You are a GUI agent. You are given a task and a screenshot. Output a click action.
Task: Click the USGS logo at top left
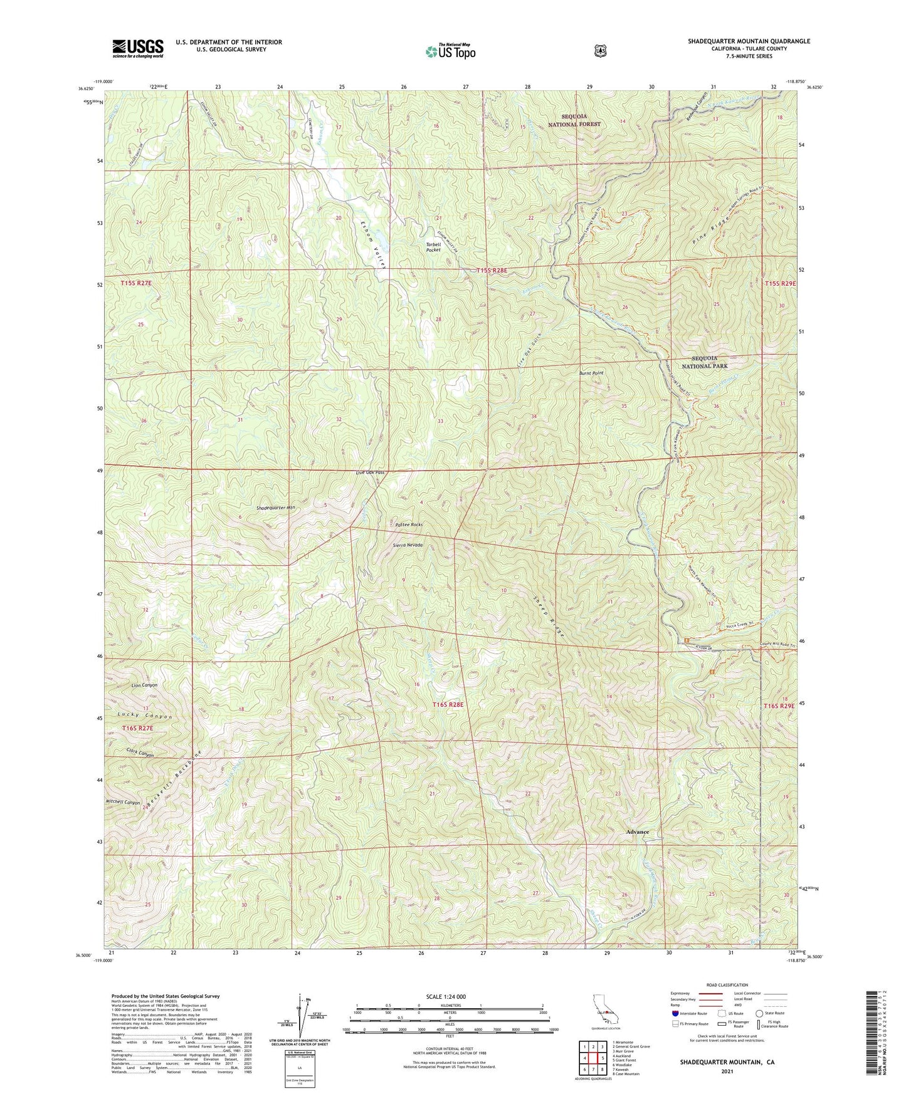[x=138, y=48]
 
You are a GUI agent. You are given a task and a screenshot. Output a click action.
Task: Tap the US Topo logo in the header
[x=450, y=51]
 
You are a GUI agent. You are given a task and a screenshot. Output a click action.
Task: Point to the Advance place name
[x=638, y=831]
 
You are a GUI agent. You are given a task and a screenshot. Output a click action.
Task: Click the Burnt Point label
[x=591, y=373]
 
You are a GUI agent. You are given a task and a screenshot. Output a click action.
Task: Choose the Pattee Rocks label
[x=409, y=524]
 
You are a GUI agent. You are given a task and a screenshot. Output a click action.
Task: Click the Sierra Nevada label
[x=408, y=545]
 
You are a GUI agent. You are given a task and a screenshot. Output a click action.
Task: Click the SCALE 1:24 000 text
[x=446, y=996]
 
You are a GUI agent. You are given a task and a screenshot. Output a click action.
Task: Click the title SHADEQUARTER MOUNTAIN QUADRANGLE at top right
[x=749, y=41]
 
